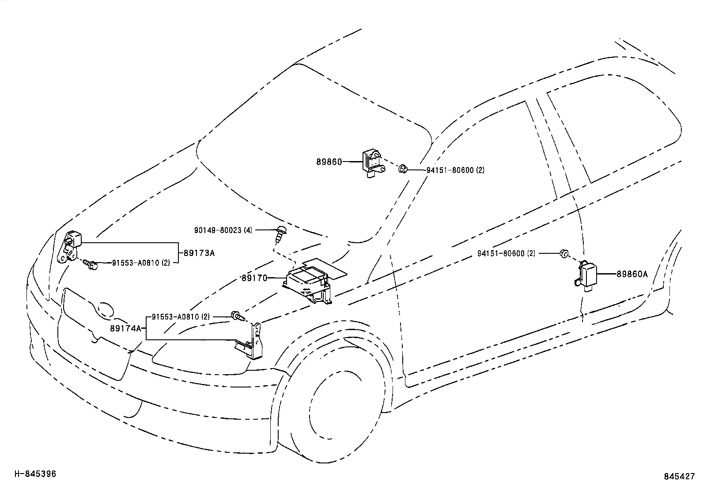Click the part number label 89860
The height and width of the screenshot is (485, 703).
point(329,162)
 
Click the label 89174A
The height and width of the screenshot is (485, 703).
point(126,328)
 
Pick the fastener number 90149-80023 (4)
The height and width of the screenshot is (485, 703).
point(223,230)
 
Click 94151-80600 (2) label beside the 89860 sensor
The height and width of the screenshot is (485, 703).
point(455,170)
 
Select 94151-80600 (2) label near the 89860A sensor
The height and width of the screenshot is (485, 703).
point(506,253)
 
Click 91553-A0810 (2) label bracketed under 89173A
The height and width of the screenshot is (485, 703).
point(141,263)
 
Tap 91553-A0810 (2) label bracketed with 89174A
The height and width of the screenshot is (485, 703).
point(181,317)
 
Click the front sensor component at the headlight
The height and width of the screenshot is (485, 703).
point(71,247)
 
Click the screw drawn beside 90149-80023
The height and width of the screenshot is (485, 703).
point(279,234)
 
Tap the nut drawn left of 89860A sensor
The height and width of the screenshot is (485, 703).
point(564,253)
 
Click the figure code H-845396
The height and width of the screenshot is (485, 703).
point(35,474)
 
